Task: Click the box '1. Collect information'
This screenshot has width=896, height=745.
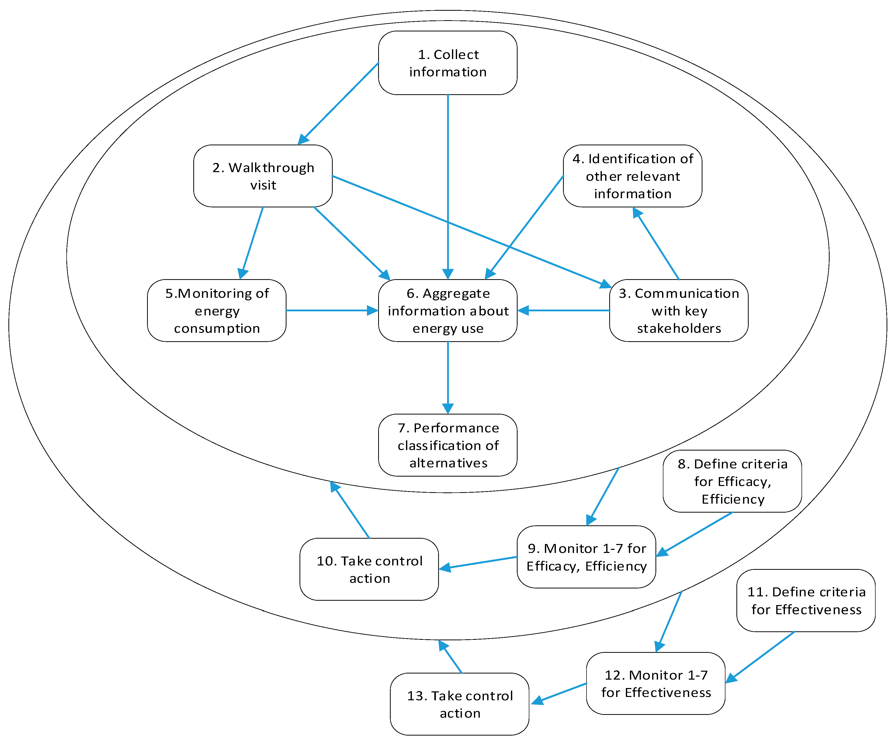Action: tap(448, 63)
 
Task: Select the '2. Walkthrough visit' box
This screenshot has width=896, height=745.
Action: tap(263, 176)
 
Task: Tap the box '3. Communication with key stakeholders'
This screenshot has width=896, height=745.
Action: tap(678, 310)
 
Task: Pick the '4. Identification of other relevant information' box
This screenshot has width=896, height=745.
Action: tap(632, 176)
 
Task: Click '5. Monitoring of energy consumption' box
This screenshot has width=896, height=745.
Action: tap(217, 310)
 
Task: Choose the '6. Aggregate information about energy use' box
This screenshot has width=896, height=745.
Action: tap(448, 310)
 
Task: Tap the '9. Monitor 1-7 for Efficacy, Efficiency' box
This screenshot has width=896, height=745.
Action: tap(586, 557)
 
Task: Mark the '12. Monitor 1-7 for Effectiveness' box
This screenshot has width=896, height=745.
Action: tap(655, 683)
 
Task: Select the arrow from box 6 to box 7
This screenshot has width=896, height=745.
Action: tap(448, 375)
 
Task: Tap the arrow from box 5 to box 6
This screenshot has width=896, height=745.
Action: tap(331, 310)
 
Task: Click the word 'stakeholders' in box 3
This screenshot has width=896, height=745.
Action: tap(679, 328)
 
